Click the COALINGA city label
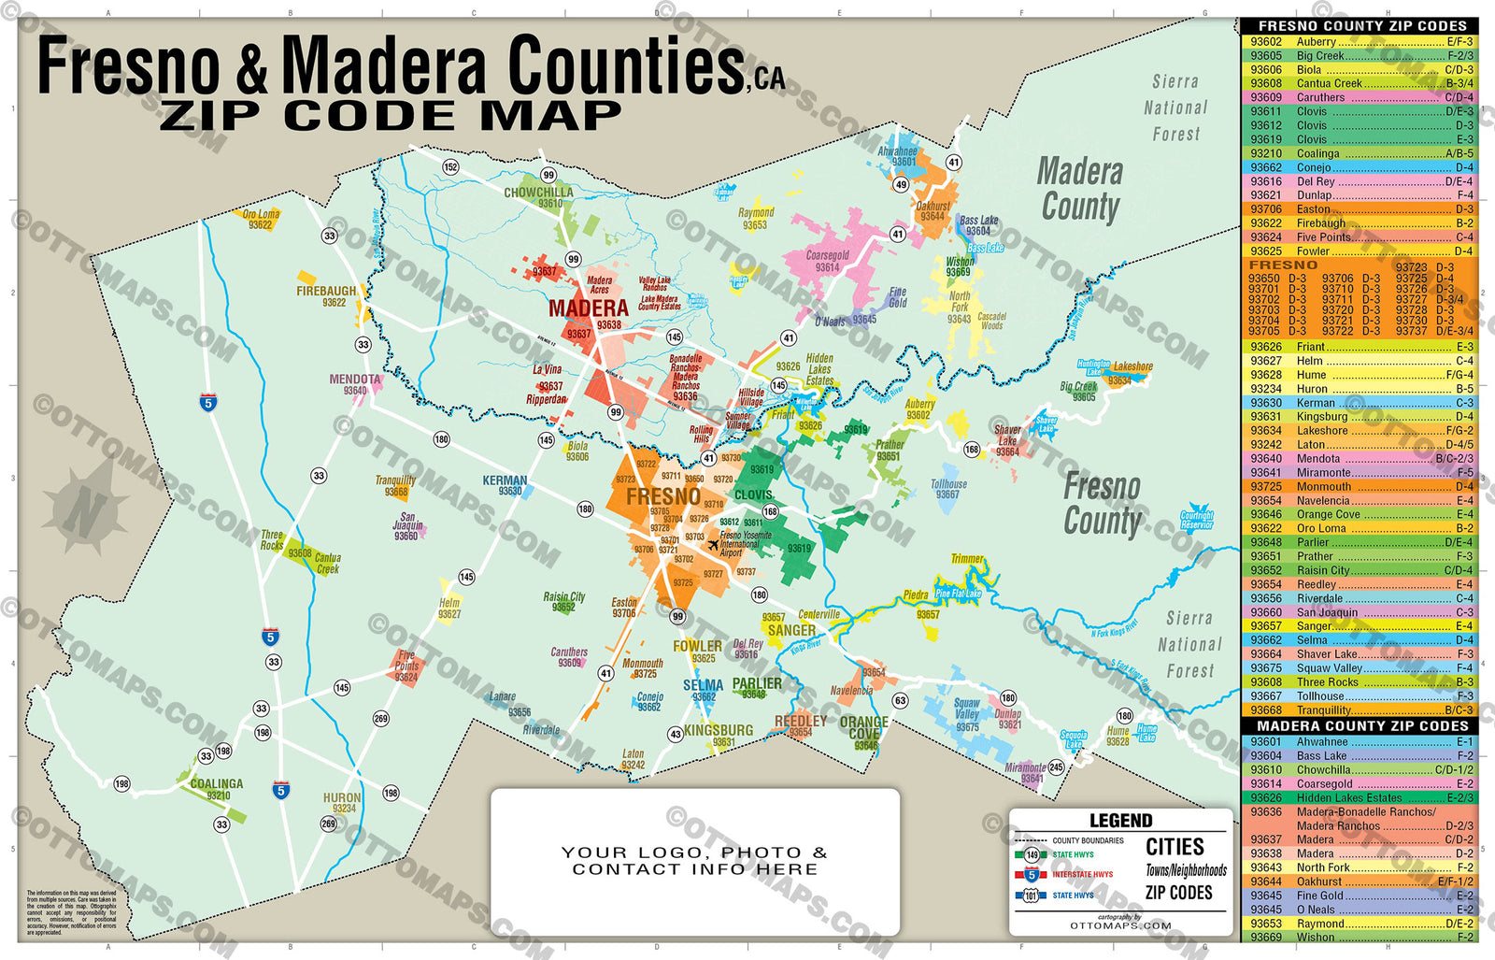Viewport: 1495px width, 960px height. pos(216,783)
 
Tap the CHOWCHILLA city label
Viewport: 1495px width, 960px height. pos(538,193)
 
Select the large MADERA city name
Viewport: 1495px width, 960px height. pos(588,308)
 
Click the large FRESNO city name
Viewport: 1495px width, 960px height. pos(662,496)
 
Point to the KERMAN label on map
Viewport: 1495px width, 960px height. pos(505,480)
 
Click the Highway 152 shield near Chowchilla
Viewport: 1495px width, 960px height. pos(450,167)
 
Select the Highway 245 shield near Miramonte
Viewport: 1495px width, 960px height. pos(1056,767)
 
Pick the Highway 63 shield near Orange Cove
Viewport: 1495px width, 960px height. pos(900,700)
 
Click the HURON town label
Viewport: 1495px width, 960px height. pos(342,797)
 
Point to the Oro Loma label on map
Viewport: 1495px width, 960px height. pos(261,214)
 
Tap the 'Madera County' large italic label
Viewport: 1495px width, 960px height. pos(1079,189)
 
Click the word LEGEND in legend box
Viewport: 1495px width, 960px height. pos(1120,821)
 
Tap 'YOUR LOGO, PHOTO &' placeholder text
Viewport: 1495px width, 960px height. pos(694,852)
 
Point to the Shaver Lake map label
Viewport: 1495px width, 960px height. pos(1007,440)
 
